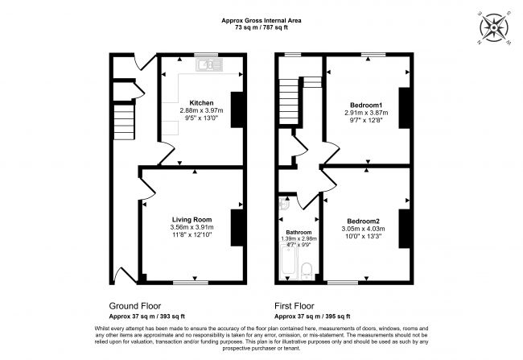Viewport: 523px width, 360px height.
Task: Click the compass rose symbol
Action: click(x=494, y=27)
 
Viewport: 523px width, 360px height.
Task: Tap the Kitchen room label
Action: click(x=201, y=103)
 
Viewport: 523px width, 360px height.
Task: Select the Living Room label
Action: click(x=191, y=220)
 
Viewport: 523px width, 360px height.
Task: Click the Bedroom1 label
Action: click(x=366, y=105)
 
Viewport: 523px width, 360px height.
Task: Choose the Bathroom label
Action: click(x=299, y=233)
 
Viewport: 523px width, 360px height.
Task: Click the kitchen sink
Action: click(x=209, y=64)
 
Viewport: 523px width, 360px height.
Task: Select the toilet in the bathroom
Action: click(x=307, y=271)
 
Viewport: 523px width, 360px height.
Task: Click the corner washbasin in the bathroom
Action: click(x=284, y=203)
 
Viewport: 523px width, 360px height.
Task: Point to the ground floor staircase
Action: click(x=124, y=122)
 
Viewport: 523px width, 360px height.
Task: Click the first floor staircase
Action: click(x=289, y=102)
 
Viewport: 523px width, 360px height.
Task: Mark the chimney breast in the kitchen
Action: click(x=237, y=110)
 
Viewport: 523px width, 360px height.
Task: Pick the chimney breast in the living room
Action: click(x=237, y=228)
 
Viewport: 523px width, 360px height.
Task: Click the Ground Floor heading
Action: click(x=135, y=306)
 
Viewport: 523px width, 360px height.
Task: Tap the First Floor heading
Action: click(x=294, y=306)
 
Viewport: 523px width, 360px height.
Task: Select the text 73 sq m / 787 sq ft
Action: click(x=261, y=27)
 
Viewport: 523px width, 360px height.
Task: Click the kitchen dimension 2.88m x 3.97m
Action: click(x=201, y=110)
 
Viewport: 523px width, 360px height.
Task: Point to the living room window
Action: click(x=191, y=283)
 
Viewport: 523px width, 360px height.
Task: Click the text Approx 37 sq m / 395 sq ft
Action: click(x=312, y=317)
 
